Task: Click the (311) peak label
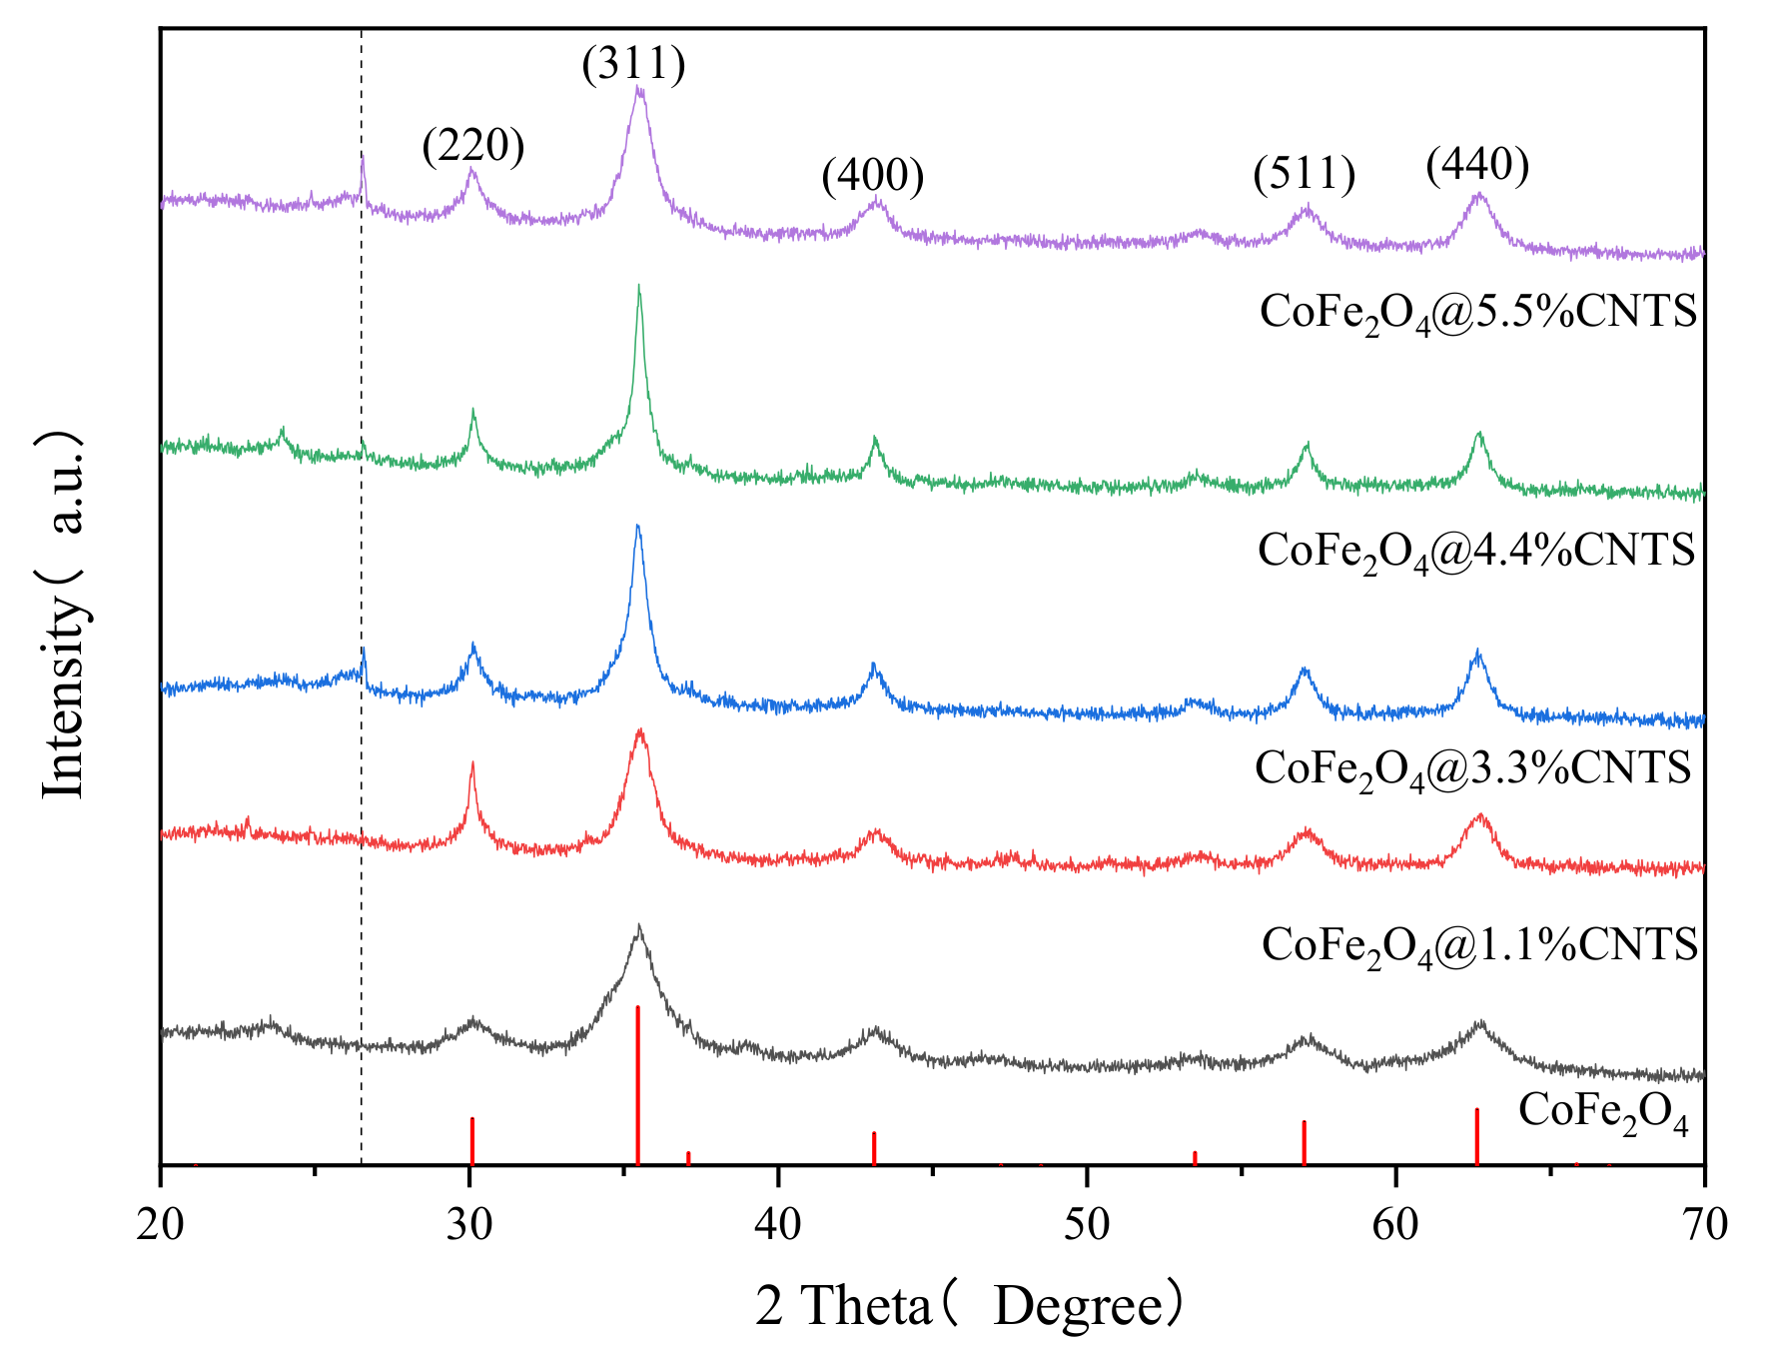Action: tap(633, 64)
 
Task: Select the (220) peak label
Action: tap(472, 146)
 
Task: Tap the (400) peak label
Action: tap(872, 176)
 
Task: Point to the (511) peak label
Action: tap(1305, 174)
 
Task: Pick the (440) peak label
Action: tap(1477, 165)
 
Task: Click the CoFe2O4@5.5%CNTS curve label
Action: tap(1477, 312)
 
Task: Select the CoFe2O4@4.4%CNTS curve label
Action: tap(1475, 551)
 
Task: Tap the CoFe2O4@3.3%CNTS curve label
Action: tap(1472, 768)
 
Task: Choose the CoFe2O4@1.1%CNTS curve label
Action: tap(1478, 945)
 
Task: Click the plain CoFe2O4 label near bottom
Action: tap(1602, 1111)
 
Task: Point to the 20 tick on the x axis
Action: tap(160, 1224)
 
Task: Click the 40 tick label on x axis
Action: tap(777, 1224)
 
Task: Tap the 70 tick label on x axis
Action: tap(1703, 1224)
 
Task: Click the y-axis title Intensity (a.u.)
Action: tap(63, 615)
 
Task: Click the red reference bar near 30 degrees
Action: tap(471, 1140)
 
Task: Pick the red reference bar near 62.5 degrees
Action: tap(1476, 1136)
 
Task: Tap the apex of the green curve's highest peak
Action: tap(638, 286)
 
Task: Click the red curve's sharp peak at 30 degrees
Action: tap(471, 763)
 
